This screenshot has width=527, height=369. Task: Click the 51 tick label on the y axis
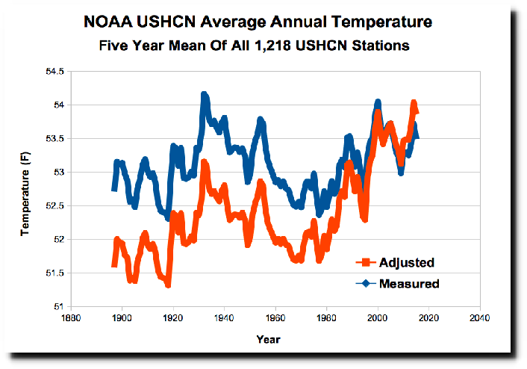tap(59, 306)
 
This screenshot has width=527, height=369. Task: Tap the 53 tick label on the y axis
tap(59, 173)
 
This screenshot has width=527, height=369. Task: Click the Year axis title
tap(268, 339)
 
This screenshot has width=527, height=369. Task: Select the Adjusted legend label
tap(407, 262)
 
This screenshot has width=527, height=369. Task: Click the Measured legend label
tap(409, 283)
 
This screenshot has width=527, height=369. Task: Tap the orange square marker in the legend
tap(365, 262)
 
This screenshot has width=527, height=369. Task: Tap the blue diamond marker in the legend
tap(365, 283)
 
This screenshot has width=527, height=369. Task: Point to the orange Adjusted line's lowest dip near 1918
tap(168, 285)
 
